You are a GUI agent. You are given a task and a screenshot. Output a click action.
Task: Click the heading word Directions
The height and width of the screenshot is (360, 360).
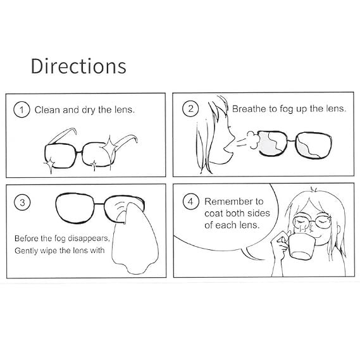click(x=78, y=66)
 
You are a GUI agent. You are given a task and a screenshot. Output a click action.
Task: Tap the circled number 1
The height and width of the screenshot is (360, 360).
click(x=22, y=109)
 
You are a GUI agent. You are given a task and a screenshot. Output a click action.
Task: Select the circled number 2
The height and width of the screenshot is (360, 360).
click(x=190, y=109)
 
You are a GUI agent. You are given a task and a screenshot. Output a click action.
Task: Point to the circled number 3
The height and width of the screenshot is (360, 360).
click(x=22, y=202)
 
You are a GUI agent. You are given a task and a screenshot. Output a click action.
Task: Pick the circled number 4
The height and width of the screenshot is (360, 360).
click(x=190, y=202)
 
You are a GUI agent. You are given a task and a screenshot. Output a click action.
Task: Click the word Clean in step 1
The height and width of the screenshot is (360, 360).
click(x=47, y=109)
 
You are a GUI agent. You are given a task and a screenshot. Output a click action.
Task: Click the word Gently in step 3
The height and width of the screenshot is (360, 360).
click(x=26, y=251)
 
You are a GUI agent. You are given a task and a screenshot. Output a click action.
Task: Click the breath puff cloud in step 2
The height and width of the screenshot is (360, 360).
click(x=253, y=140)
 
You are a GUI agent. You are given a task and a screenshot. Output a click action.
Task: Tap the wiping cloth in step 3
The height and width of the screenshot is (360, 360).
click(x=135, y=239)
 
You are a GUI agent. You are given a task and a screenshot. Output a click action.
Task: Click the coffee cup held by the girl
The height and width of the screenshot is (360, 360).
click(x=301, y=246)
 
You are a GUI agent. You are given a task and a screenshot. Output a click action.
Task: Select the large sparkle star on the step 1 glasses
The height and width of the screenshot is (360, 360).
click(x=109, y=147)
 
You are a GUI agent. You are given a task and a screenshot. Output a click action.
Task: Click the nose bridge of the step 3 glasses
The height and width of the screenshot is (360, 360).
click(x=99, y=204)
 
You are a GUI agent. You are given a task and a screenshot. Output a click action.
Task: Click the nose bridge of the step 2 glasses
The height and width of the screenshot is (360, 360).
click(x=291, y=140)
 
